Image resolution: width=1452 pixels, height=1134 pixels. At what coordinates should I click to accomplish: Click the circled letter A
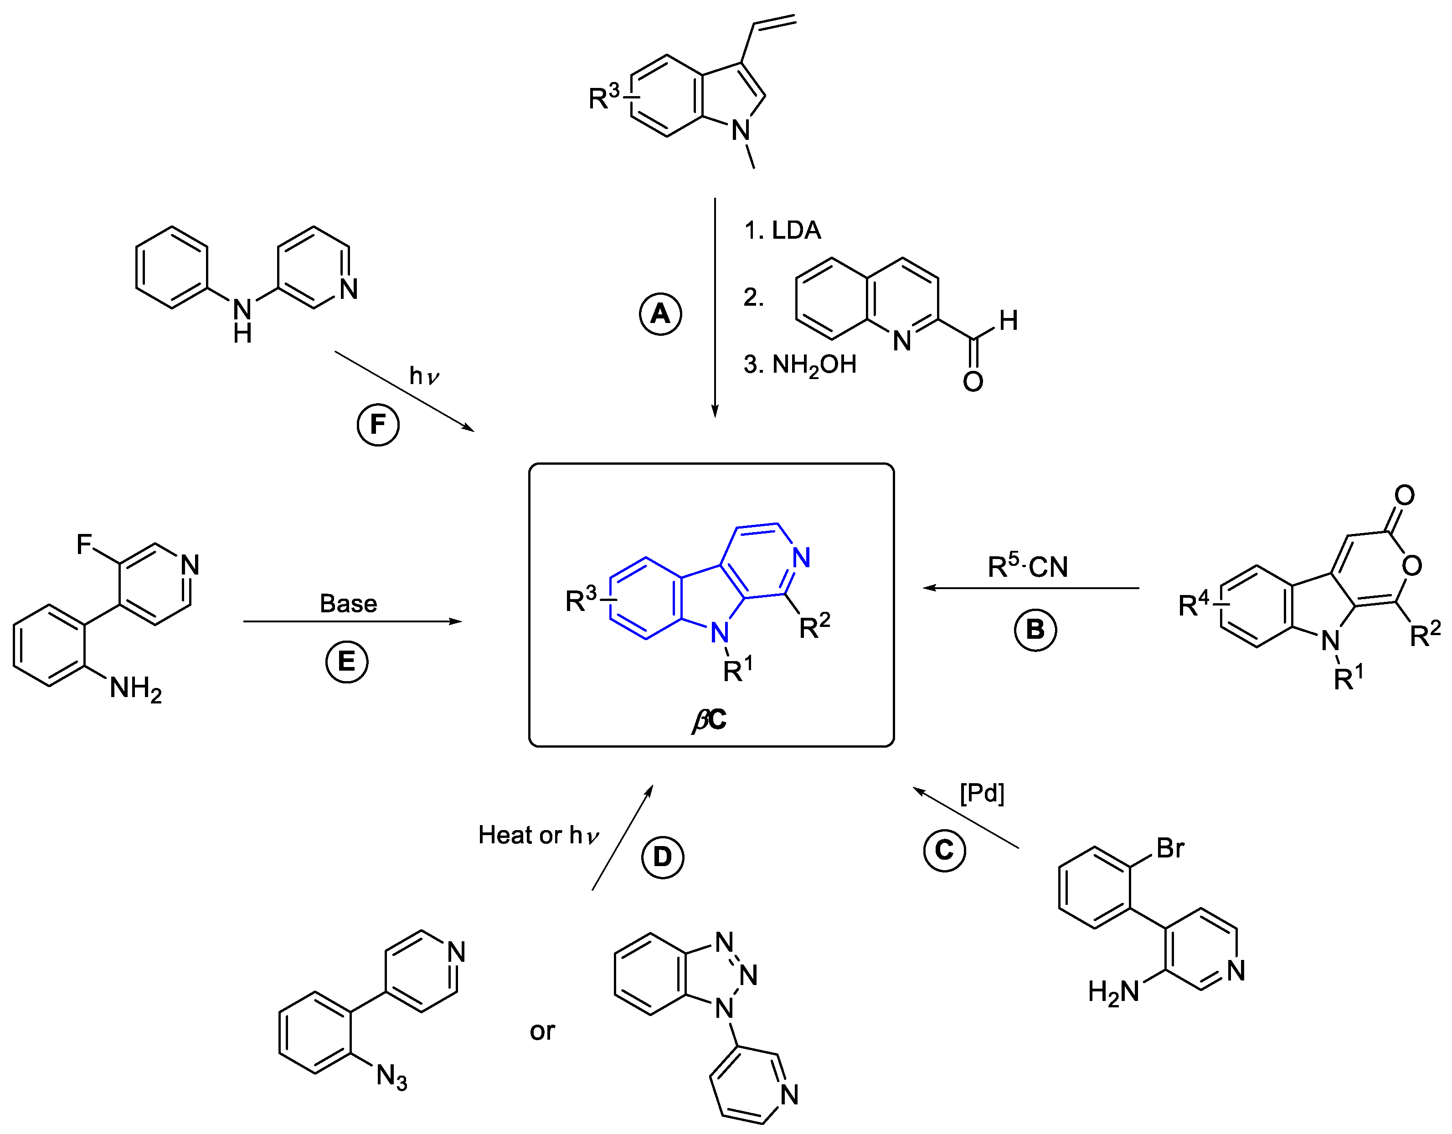coord(660,314)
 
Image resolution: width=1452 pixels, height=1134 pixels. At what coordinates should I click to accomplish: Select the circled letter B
coord(1035,630)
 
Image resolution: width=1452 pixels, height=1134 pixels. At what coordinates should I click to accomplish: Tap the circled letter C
coord(944,850)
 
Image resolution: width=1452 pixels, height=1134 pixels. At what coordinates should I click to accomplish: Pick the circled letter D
coord(662,857)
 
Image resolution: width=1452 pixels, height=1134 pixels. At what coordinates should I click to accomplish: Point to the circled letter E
coord(346,662)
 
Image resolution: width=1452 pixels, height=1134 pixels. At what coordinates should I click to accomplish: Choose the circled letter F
coord(378,424)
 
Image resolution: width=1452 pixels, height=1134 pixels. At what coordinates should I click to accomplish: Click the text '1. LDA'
coord(783,230)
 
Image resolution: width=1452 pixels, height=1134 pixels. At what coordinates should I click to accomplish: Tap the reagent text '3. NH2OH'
coord(800,365)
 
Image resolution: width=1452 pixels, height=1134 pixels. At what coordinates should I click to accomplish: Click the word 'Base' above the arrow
coord(348,604)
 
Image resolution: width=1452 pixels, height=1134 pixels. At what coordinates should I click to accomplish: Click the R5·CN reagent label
coord(1028,566)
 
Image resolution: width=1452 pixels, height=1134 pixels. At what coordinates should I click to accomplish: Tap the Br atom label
coord(1170,848)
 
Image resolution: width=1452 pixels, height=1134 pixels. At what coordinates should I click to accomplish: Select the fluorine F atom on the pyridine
coord(84,544)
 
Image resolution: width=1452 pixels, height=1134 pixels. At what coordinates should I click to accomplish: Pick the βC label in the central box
coord(710,719)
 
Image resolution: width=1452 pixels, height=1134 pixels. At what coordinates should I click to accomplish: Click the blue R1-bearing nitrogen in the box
coord(719,633)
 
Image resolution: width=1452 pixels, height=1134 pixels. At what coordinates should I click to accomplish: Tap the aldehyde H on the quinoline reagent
coord(1008,320)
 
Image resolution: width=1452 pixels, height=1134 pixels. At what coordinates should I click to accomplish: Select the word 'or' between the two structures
coord(542,1031)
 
